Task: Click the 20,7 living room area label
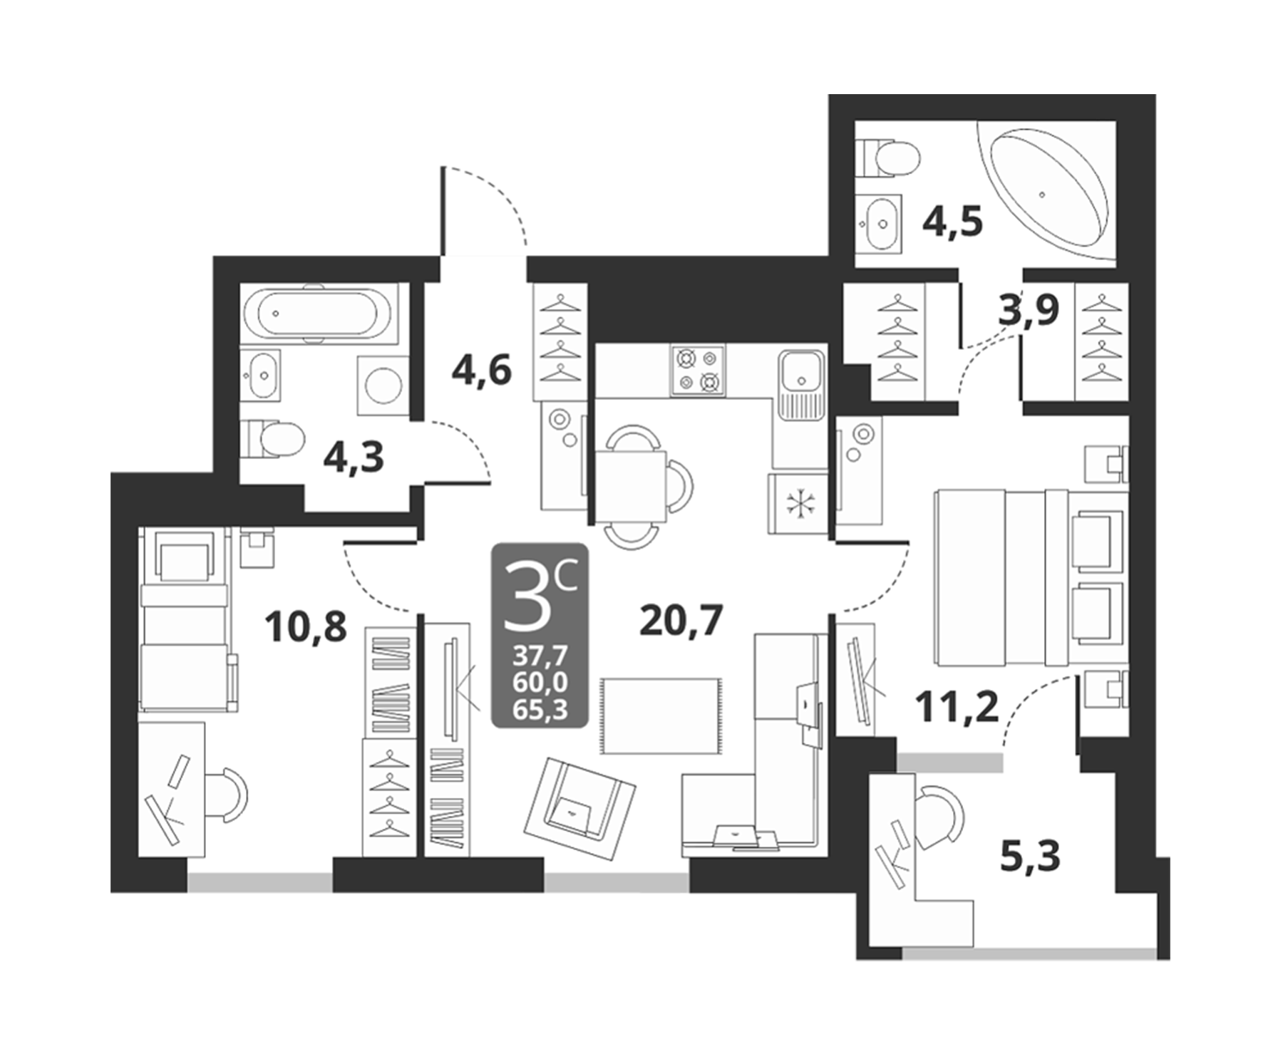681,621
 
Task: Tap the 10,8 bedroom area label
305,627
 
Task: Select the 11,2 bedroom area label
957,707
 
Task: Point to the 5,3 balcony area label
1031,857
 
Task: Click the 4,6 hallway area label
482,371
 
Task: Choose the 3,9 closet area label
1029,310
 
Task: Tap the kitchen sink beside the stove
801,383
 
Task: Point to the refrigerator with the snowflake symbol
797,503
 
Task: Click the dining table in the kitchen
632,487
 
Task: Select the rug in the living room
661,715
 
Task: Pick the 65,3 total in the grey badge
540,710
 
